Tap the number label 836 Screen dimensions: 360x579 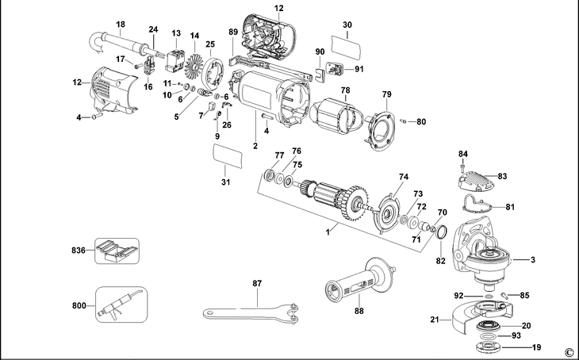(x=79, y=251)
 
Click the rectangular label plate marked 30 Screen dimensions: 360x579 (x=347, y=46)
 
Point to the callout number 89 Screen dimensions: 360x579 (x=233, y=32)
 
